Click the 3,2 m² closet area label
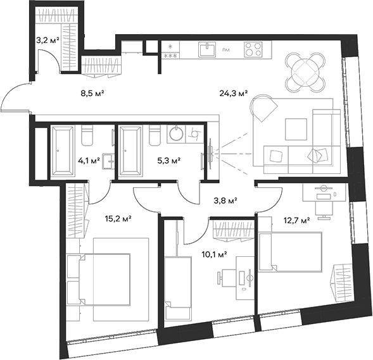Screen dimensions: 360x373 (x=48, y=40)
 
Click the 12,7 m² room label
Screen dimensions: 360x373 (x=296, y=221)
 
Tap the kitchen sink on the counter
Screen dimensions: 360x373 (x=205, y=49)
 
